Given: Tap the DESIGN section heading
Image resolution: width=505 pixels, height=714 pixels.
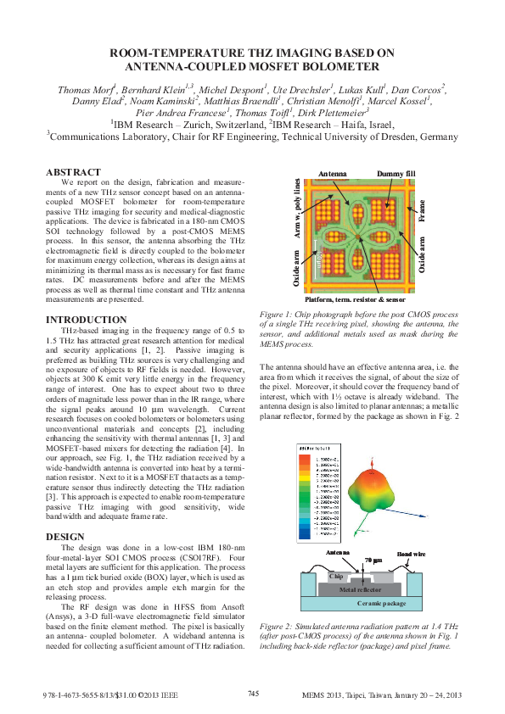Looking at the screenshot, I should [x=65, y=536].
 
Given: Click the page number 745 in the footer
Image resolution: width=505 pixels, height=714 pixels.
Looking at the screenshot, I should [x=253, y=693].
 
